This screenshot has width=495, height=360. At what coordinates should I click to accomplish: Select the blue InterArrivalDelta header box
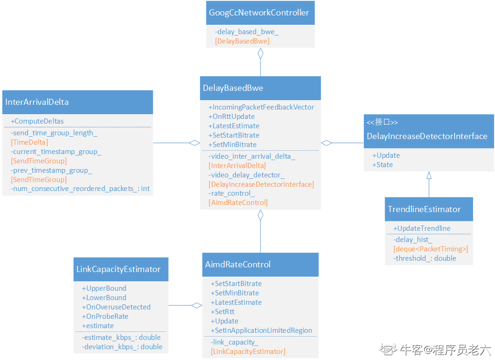click(x=78, y=102)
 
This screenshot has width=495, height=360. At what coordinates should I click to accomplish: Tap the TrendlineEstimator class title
click(x=424, y=209)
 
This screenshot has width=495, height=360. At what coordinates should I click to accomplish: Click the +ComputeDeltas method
click(x=37, y=121)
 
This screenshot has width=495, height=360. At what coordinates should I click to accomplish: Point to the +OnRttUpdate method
click(x=231, y=117)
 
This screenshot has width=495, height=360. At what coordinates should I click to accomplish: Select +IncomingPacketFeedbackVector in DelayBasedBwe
click(x=261, y=107)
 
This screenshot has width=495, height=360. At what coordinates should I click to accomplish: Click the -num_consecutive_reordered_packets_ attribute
click(x=80, y=189)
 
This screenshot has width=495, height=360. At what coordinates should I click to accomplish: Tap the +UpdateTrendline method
click(x=421, y=228)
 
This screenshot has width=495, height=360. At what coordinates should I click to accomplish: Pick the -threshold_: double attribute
click(x=424, y=258)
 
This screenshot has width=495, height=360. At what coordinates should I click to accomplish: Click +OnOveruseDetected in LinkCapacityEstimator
click(x=116, y=307)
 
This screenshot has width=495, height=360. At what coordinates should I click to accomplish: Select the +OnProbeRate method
click(x=105, y=316)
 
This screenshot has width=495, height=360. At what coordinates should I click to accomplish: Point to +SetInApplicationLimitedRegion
click(x=261, y=331)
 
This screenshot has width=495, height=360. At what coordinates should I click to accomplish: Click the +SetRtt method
click(x=222, y=312)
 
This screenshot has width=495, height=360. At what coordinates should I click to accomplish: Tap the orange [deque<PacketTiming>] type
click(x=430, y=249)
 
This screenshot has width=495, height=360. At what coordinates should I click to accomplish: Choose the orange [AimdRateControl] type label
click(x=238, y=203)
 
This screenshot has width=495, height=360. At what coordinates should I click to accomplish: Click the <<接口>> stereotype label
click(x=382, y=122)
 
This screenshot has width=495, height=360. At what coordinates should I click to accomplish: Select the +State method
click(x=383, y=165)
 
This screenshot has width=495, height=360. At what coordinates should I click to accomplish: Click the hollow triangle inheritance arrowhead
click(x=429, y=176)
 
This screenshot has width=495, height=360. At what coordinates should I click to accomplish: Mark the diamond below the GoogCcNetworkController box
click(x=260, y=53)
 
